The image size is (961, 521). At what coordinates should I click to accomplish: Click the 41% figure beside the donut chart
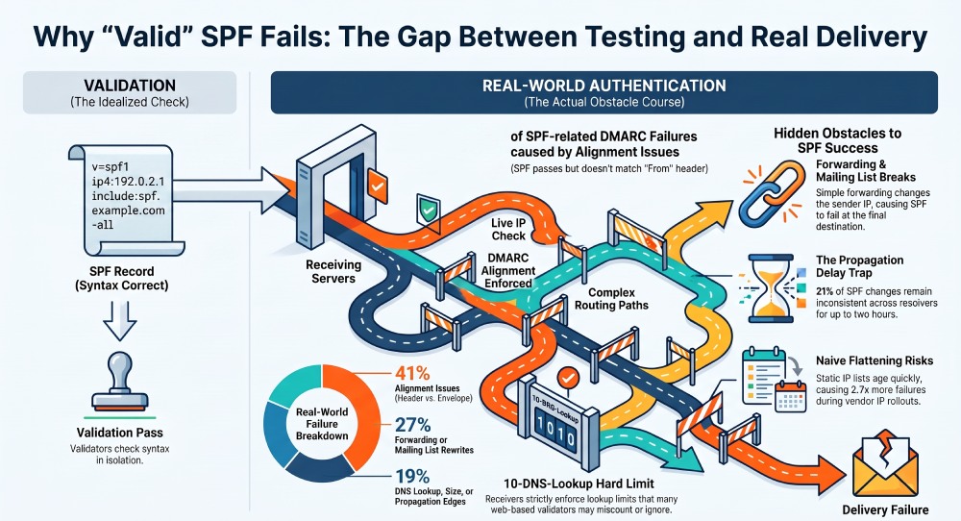tap(412, 373)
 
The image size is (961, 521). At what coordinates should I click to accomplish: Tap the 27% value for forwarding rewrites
tap(412, 424)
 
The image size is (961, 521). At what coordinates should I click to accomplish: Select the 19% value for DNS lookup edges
tap(412, 476)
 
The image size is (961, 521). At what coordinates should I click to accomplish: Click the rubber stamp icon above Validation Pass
tap(119, 381)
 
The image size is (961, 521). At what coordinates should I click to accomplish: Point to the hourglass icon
tap(771, 288)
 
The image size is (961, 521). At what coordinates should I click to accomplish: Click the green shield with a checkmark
tap(429, 211)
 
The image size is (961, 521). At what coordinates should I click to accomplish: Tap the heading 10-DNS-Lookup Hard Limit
tap(579, 484)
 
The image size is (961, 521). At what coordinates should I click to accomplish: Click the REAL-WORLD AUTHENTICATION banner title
tap(604, 86)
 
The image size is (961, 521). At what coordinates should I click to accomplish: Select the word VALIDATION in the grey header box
tap(130, 86)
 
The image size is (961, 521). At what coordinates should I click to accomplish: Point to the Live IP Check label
tap(508, 229)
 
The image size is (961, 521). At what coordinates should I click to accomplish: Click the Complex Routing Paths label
tap(611, 299)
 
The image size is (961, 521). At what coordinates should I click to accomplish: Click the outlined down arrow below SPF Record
tap(119, 321)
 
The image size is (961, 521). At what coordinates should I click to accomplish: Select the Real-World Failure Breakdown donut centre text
tap(322, 424)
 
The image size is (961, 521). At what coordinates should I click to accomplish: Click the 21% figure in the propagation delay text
tap(825, 291)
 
